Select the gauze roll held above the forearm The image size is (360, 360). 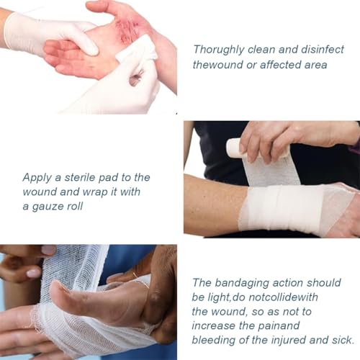(235, 148)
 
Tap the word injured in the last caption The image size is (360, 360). (295, 340)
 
